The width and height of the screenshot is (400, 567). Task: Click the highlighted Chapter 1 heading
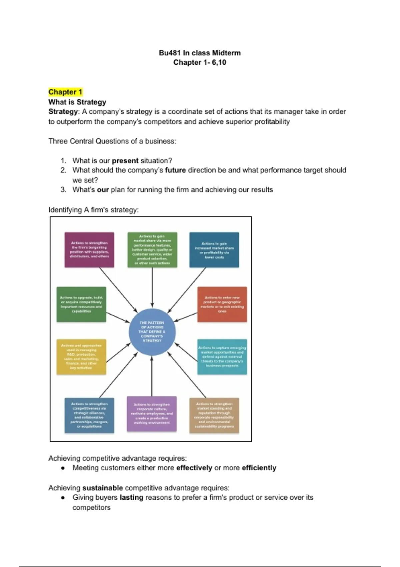click(x=65, y=92)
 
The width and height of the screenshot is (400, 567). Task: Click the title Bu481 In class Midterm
click(x=200, y=53)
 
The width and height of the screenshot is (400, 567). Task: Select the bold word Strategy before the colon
click(x=63, y=112)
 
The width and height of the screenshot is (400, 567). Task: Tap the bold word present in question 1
click(x=125, y=161)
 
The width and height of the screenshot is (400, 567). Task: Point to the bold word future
click(x=175, y=170)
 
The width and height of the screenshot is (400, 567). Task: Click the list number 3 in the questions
click(x=63, y=190)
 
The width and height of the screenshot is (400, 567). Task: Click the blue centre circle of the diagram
click(x=152, y=332)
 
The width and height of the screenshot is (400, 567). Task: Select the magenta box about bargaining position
click(x=89, y=250)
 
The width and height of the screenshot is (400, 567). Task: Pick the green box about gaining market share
click(x=152, y=250)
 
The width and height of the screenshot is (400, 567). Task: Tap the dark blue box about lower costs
click(x=214, y=250)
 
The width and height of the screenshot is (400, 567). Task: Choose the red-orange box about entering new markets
click(x=222, y=304)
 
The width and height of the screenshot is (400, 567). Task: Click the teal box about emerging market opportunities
click(x=222, y=357)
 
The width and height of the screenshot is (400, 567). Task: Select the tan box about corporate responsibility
click(x=214, y=415)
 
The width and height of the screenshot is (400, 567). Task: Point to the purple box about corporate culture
click(x=152, y=414)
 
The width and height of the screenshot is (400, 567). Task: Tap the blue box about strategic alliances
click(x=89, y=415)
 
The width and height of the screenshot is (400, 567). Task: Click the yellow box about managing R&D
click(x=81, y=357)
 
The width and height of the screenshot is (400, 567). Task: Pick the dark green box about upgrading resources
click(x=81, y=304)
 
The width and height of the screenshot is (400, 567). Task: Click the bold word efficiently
click(x=259, y=468)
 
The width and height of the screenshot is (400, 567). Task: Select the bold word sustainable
click(x=103, y=488)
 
